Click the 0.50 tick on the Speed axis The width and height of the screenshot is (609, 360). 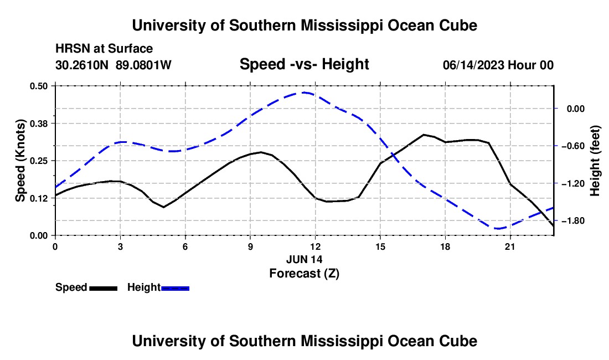38,86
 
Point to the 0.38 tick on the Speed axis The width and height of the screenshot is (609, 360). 38,124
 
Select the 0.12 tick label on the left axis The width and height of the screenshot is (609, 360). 38,198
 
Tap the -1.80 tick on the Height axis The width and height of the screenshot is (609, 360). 576,220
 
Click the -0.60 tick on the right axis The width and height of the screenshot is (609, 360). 576,146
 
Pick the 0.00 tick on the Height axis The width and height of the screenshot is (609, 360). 576,109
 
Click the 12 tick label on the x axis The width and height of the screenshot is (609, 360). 316,246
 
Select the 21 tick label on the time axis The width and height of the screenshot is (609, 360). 510,246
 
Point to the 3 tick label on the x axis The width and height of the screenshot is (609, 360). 120,246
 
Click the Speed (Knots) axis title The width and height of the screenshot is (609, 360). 20,161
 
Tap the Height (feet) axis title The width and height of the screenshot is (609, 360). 595,161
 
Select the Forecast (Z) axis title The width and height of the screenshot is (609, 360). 304,274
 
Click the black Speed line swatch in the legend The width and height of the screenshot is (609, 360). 104,289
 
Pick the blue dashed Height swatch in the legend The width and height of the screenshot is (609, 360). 175,289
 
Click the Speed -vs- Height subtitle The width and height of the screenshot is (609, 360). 304,64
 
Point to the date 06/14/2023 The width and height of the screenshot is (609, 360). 473,65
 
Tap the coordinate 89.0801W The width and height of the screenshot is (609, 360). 143,65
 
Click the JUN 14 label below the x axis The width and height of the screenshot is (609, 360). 304,259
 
